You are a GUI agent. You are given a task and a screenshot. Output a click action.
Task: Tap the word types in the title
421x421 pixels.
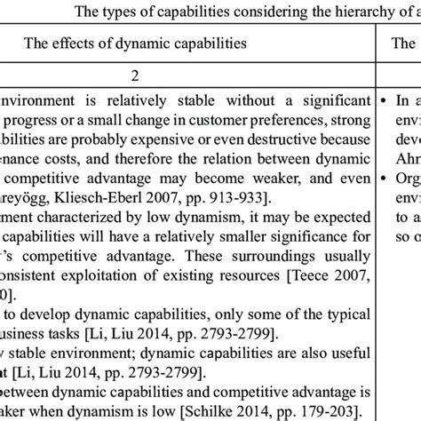119,12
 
